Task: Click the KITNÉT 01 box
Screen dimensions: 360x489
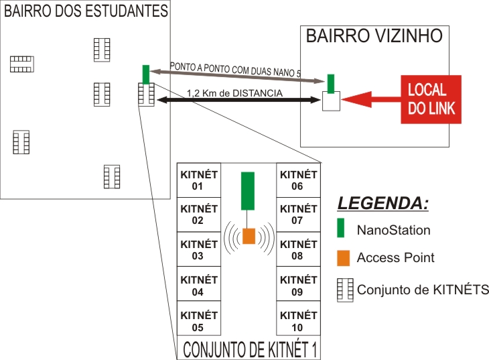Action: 198,181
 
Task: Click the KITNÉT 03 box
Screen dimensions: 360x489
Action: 198,249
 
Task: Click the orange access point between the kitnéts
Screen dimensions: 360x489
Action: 249,236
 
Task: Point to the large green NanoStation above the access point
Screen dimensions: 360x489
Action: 248,190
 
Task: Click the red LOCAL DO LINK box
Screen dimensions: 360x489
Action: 431,99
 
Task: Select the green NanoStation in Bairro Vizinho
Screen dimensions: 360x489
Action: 330,84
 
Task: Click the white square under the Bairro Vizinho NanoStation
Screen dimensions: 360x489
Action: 331,102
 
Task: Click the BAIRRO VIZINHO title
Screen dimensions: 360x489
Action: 374,36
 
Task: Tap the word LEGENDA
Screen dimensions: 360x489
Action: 382,203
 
